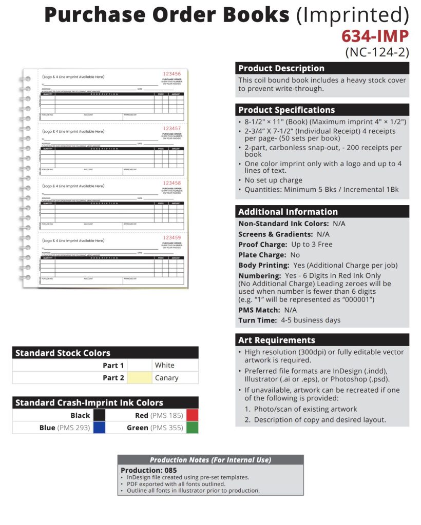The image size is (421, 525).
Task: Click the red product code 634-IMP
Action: pos(375,36)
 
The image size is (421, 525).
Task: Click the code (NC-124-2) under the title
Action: pos(377,52)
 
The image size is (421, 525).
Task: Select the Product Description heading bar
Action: pos(322,68)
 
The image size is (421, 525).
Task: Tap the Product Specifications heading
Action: pos(322,110)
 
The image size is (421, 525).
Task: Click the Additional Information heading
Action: pos(322,212)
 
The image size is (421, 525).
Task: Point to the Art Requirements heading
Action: pos(322,340)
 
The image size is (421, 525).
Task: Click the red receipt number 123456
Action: pos(172,74)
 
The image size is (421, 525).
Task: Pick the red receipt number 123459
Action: pos(172,237)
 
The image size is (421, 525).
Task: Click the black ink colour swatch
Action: pos(99,415)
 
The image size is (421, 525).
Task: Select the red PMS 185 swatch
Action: pos(192,415)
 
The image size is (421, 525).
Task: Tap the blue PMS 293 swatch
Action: pos(99,428)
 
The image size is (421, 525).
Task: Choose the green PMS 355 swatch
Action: pos(192,428)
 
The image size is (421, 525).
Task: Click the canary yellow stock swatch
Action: pos(139,378)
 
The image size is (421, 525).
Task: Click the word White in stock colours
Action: pos(164,366)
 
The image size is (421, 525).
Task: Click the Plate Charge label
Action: pos(262,255)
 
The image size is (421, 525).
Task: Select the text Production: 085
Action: pos(148,470)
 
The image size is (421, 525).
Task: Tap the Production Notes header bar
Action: pos(210,460)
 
